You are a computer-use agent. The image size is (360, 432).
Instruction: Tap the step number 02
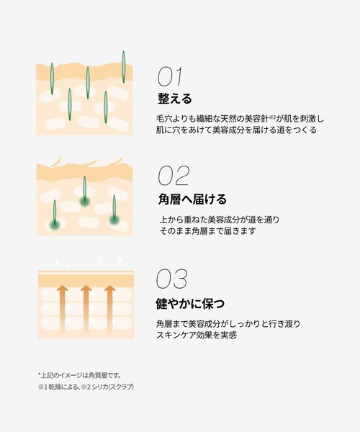pos(173,176)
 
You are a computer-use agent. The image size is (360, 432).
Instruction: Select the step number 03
pos(173,279)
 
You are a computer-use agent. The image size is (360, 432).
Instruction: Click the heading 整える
pos(175,98)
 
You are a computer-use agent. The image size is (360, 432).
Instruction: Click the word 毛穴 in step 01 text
pos(164,117)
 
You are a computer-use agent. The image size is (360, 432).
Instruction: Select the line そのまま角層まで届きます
pos(209,231)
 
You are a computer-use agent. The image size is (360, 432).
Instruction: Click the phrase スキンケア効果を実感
pos(197,335)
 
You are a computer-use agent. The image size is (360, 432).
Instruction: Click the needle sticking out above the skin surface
pos(124,66)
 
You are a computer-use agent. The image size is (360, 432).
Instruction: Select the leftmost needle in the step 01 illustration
pos(52,79)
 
